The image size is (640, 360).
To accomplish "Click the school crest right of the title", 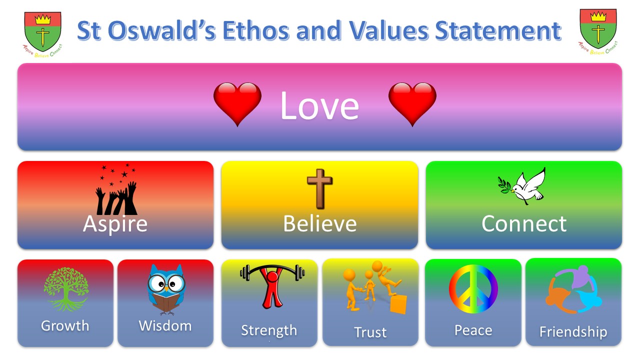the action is [x=598, y=31].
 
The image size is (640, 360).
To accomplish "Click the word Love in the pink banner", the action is [x=319, y=105].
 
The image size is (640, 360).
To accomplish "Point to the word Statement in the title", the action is [x=498, y=30].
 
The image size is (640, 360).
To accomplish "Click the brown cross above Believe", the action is [x=319, y=188].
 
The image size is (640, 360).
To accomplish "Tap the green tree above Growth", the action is [x=66, y=289].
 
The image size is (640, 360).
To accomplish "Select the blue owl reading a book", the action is [x=166, y=289].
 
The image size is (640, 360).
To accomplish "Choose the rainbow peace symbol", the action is [x=473, y=289].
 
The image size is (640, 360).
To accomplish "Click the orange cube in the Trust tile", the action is [x=398, y=304].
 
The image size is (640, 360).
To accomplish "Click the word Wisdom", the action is [x=165, y=325].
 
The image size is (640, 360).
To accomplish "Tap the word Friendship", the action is [x=573, y=332].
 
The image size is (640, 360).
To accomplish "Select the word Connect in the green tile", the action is [x=524, y=223].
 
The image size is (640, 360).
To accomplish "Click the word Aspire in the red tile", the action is [x=115, y=224].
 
